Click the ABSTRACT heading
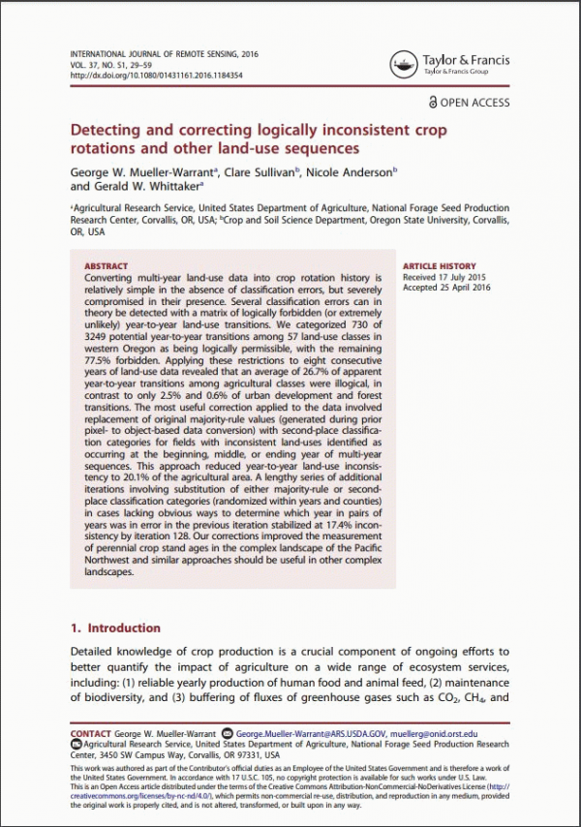(x=107, y=266)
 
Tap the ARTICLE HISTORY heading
(x=440, y=266)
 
